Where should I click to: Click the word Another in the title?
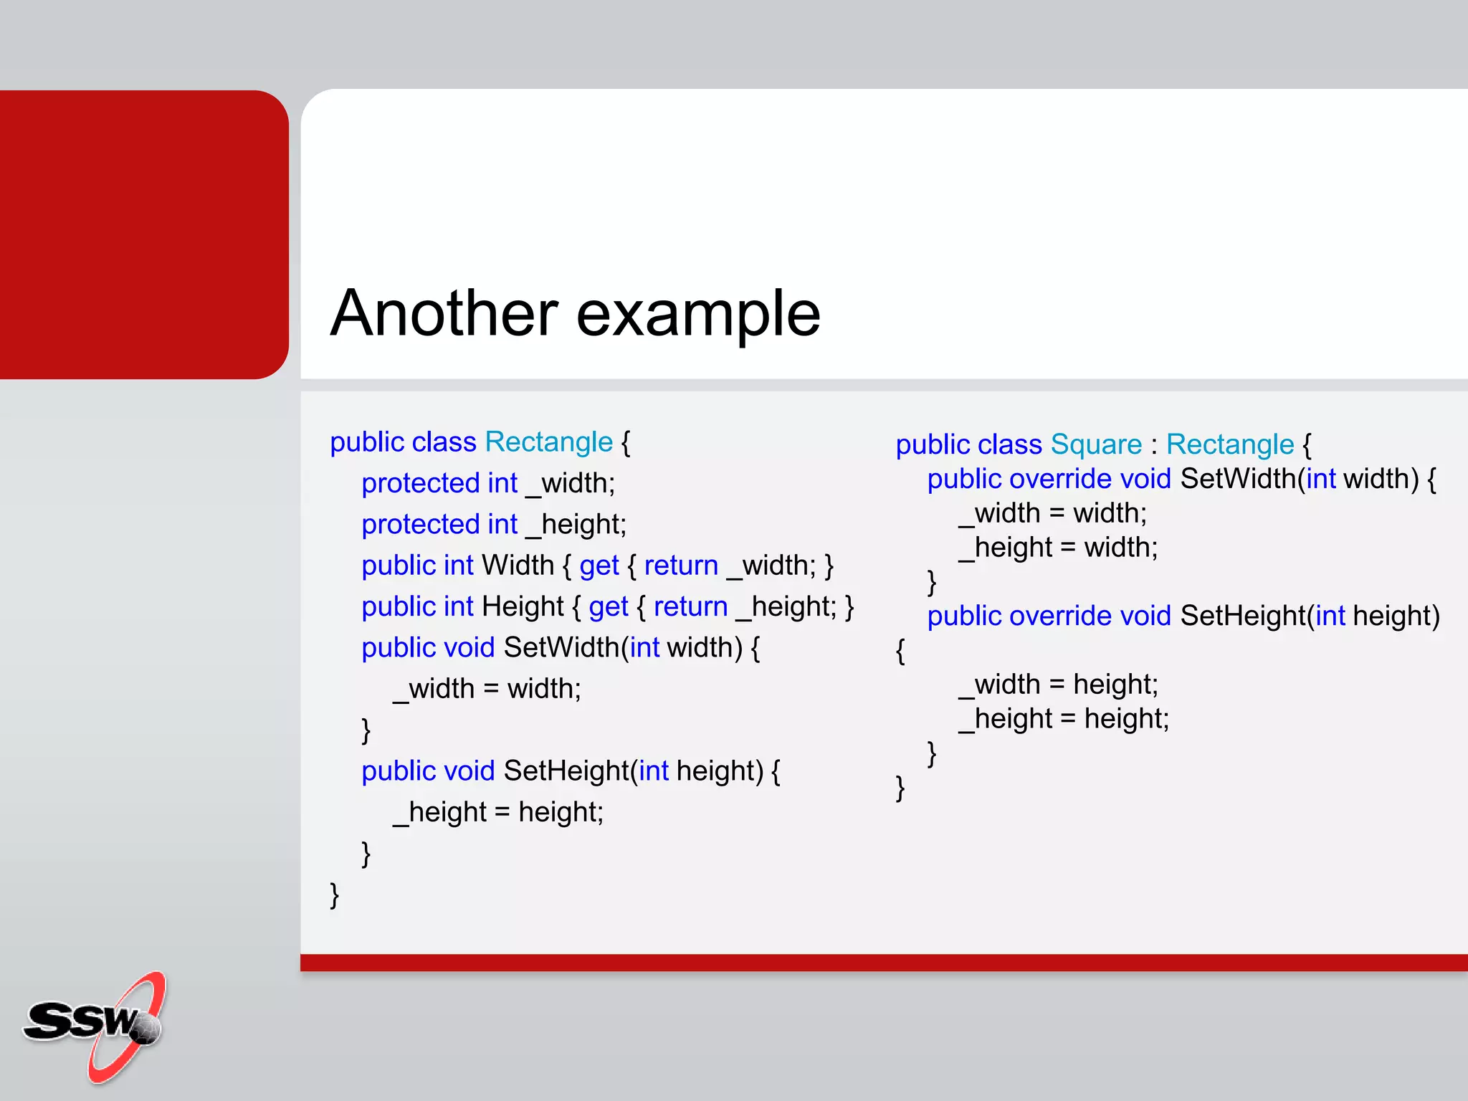[x=444, y=313]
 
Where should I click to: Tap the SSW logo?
[x=94, y=1025]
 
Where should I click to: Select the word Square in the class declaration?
[x=1096, y=445]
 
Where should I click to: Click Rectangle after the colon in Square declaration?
[x=1229, y=445]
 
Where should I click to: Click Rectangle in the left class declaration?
[x=548, y=442]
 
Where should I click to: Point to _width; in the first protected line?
[x=571, y=484]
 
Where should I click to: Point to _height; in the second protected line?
[x=576, y=525]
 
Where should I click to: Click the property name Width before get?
[x=518, y=566]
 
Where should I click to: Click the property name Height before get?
[x=523, y=607]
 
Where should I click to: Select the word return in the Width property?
[x=680, y=566]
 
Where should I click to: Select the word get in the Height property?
[x=608, y=607]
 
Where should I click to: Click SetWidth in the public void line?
[x=561, y=648]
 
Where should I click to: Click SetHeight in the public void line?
[x=566, y=771]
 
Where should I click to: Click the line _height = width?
[x=1058, y=548]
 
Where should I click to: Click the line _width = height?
[x=1058, y=685]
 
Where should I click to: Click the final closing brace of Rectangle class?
[x=334, y=895]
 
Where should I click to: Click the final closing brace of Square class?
[x=900, y=788]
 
